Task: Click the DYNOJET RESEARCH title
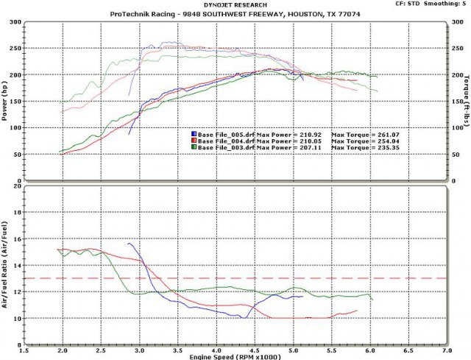[x=235, y=4]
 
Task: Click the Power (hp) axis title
[x=6, y=102]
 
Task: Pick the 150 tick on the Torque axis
[x=457, y=102]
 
